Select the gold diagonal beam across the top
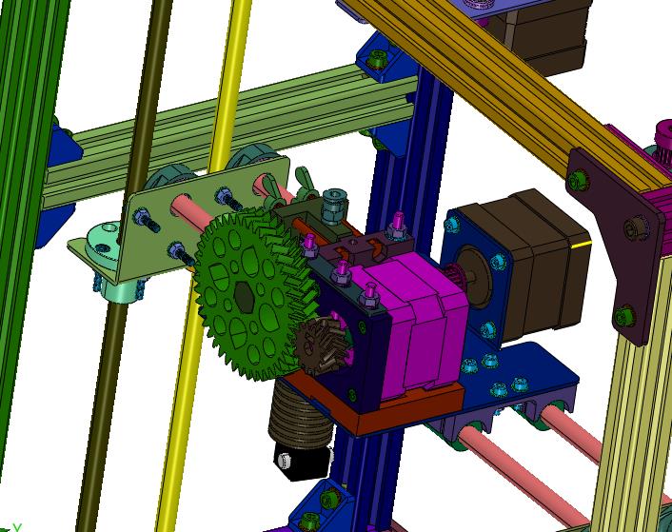(x=495, y=76)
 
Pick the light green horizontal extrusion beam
(x=238, y=124)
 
